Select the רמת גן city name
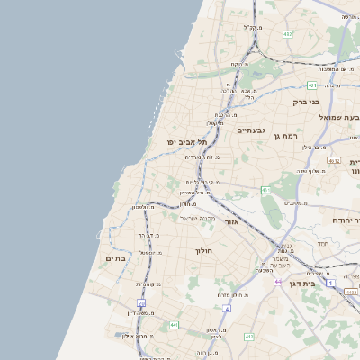click(288, 135)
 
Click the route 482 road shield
click(287, 34)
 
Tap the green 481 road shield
click(311, 85)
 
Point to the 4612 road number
click(334, 161)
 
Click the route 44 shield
click(279, 281)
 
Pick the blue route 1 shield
click(331, 283)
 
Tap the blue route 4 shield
click(227, 309)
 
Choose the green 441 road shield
click(174, 325)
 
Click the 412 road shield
click(249, 337)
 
